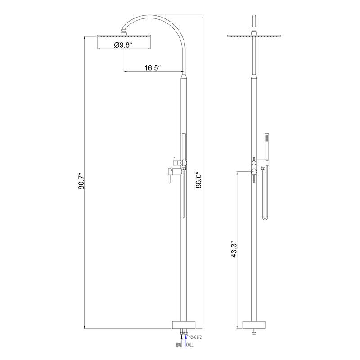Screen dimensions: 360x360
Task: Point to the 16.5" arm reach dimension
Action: [153, 68]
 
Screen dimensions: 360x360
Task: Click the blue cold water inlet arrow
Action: [185, 339]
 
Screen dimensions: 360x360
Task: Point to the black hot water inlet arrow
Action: [180, 339]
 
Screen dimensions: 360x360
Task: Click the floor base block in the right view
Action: [254, 325]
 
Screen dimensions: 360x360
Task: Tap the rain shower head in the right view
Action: [254, 35]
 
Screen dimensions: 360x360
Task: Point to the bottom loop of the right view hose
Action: [265, 218]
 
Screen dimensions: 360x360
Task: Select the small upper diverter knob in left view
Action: [173, 161]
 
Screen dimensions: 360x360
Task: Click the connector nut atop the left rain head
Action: [124, 32]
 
